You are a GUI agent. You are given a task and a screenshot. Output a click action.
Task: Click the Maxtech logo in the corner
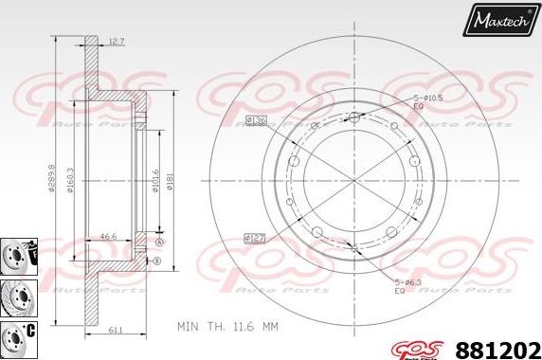click(499, 19)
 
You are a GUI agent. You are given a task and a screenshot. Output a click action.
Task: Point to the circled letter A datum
click(158, 243)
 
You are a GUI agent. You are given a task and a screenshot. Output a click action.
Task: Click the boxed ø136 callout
click(255, 119)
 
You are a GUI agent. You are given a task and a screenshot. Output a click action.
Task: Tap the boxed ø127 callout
click(253, 238)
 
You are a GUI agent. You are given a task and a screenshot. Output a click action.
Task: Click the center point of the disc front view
click(353, 177)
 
